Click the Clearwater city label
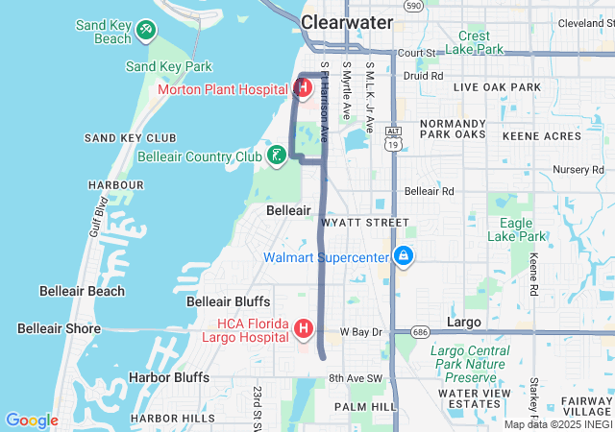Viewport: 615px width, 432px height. point(347,21)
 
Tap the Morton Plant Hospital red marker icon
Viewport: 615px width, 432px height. point(303,89)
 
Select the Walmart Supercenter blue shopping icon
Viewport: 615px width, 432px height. point(404,256)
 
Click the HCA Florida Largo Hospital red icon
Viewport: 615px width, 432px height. point(304,330)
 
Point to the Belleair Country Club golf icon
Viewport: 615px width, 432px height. point(277,156)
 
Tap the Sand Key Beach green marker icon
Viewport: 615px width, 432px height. point(146,31)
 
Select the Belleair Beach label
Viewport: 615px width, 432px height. point(82,291)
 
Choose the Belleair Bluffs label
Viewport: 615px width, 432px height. point(228,301)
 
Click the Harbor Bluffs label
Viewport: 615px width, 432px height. point(169,377)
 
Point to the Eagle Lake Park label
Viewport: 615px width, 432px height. point(516,229)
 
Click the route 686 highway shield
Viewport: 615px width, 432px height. point(419,332)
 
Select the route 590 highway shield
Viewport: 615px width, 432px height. point(413,6)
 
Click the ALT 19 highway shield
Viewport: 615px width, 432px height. point(393,138)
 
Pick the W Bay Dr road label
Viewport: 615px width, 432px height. point(361,332)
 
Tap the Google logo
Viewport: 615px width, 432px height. point(32,420)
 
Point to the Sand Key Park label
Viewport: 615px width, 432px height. point(169,66)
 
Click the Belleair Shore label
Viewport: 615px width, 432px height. point(59,328)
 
